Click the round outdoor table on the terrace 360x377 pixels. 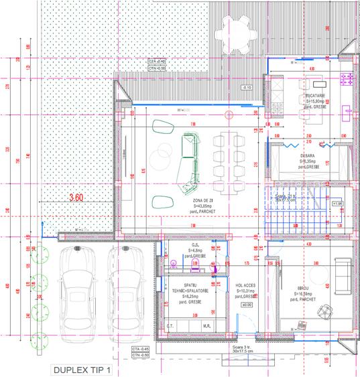pyautogui.click(x=245, y=33)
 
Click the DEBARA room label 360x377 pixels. pyautogui.click(x=308, y=155)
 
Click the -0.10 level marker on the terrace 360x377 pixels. pyautogui.click(x=247, y=88)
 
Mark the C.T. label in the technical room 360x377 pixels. pyautogui.click(x=170, y=325)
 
